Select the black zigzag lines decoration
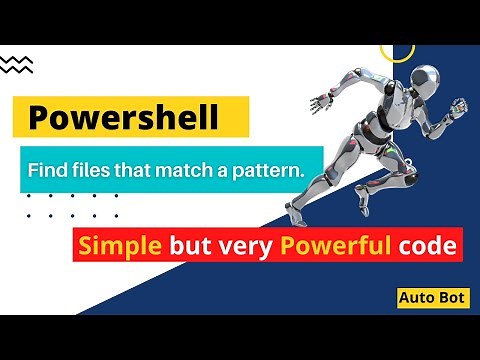coord(17,64)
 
